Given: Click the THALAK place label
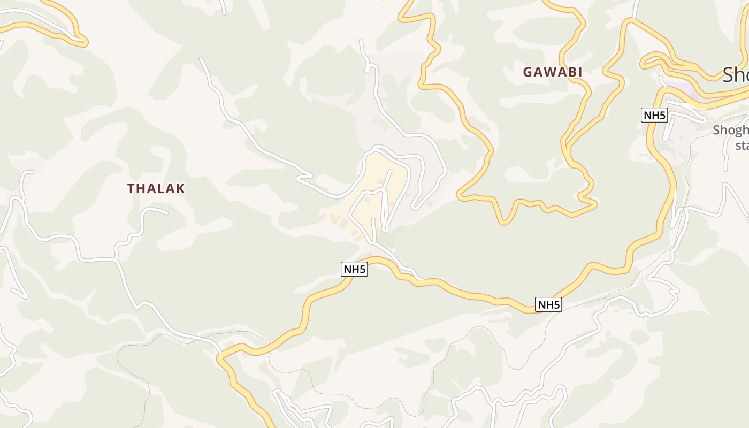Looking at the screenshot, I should [x=156, y=188].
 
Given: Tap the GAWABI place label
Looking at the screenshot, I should [x=552, y=72].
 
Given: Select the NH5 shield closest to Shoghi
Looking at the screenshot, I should [x=654, y=114].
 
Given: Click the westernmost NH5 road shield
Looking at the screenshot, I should [x=354, y=269].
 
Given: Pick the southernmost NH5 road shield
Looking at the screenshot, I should [x=548, y=305].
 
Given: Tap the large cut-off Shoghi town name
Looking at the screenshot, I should [x=736, y=75].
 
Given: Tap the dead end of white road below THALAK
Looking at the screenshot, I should [x=166, y=212].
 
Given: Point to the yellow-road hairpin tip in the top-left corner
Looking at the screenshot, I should [x=85, y=41].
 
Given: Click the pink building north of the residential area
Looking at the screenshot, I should [x=381, y=123].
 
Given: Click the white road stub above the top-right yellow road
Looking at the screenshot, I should [x=636, y=8].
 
